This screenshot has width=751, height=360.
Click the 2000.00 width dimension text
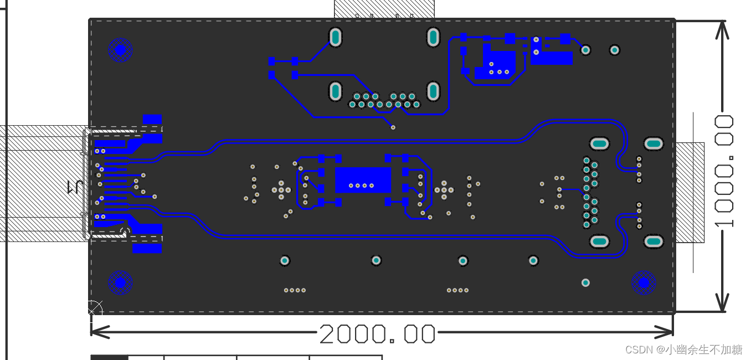377,334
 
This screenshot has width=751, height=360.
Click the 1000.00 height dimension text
724,171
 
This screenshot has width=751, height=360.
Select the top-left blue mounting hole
120,50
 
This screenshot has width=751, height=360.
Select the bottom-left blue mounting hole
120,282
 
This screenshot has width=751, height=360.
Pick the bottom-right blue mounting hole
644,282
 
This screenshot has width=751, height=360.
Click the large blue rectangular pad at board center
363,180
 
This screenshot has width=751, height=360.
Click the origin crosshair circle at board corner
95,308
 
